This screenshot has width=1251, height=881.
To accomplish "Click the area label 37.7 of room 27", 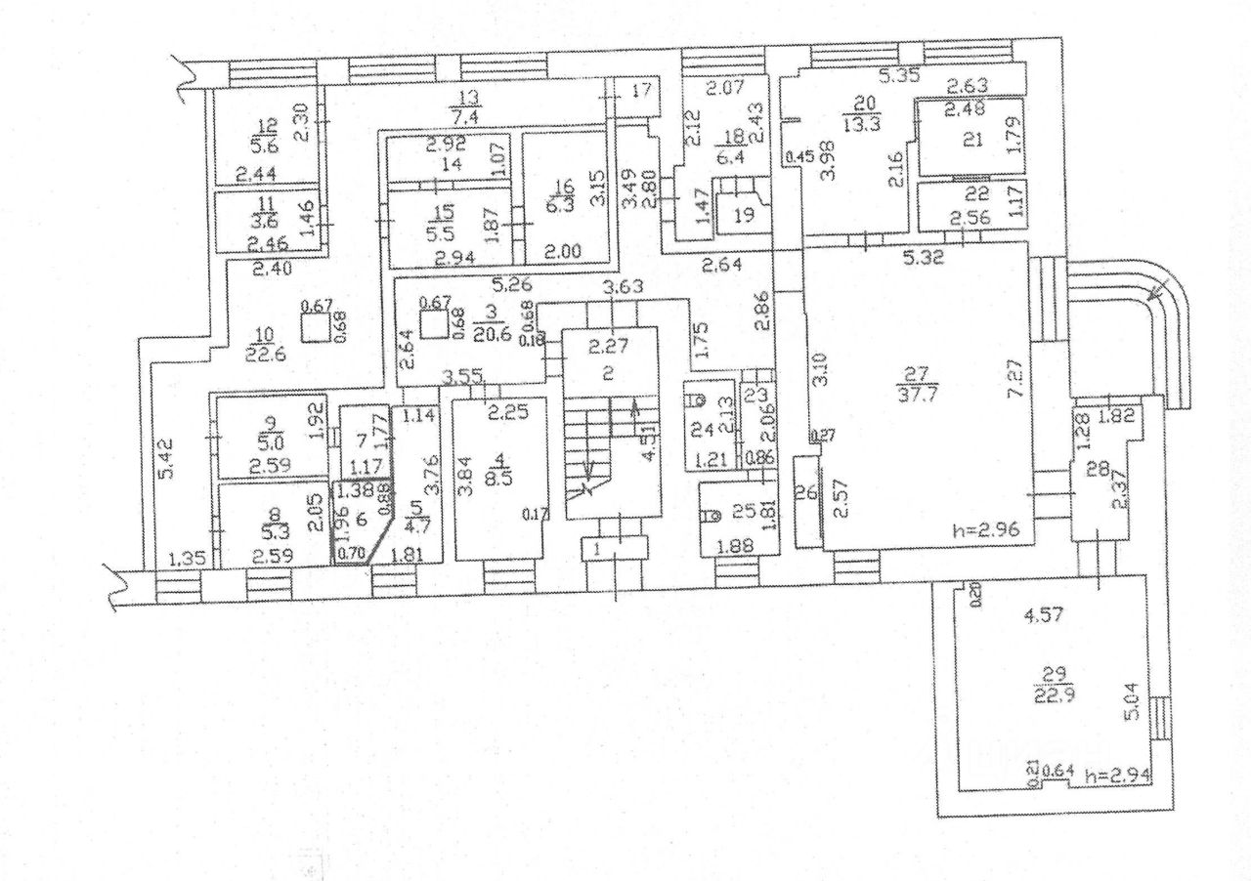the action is click(916, 393).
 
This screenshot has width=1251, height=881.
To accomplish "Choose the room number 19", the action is click(745, 215).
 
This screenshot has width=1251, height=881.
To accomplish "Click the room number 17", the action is click(641, 92).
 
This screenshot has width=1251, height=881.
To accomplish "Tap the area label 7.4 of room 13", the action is click(470, 114).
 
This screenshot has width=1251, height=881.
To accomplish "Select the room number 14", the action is click(450, 165).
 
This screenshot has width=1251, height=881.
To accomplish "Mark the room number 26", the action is click(807, 494).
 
